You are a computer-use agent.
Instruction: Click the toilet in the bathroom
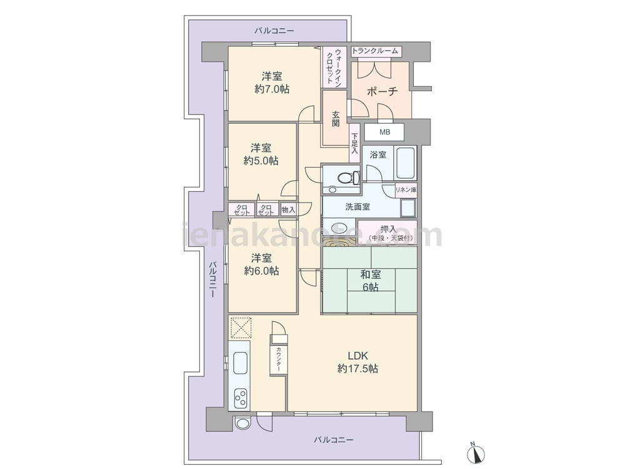pos(346,178)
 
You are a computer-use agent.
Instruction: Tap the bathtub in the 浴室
pos(406,164)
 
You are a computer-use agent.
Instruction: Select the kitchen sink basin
pos(240,363)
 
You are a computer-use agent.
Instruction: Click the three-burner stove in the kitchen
pos(241,398)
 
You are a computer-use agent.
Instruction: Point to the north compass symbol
pos(476,452)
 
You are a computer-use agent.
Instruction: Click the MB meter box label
pos(384,132)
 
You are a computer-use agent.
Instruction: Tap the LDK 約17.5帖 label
pos(357,362)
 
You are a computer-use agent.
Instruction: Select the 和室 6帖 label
pos(371,280)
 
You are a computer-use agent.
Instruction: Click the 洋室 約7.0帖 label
pos(272,83)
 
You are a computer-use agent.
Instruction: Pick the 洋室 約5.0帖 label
pos(261,154)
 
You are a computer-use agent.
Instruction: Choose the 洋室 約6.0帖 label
pos(261,265)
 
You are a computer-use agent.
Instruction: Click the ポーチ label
pos(382,92)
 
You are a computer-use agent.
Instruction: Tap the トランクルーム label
pos(375,51)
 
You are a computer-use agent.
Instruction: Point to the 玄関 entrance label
pos(336,118)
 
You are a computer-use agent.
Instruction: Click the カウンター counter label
pos(279,360)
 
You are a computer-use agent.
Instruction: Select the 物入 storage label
pos(288,209)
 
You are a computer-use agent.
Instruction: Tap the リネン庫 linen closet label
pos(406,190)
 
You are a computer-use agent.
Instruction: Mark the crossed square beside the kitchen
pos(241,328)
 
